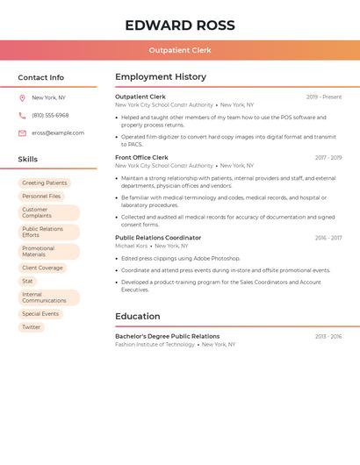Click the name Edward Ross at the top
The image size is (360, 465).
tap(179, 25)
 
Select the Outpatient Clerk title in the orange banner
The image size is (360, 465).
tap(179, 50)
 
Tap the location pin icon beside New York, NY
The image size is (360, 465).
tap(22, 98)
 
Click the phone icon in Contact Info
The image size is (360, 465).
tap(22, 116)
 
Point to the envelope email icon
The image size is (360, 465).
tap(22, 133)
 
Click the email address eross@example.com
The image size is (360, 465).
tap(58, 133)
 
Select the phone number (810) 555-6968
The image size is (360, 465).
tap(50, 116)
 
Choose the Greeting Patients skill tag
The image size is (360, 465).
tap(45, 183)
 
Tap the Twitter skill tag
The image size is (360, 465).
tap(32, 327)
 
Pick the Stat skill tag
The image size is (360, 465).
tap(28, 281)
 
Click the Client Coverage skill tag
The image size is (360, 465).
tap(42, 268)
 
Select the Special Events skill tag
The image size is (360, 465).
tap(40, 314)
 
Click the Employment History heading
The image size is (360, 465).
tap(161, 77)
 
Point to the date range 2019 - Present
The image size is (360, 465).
tap(324, 97)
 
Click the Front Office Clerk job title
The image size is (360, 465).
tap(141, 158)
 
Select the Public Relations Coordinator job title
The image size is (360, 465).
tap(158, 238)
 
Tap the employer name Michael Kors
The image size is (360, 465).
tap(132, 247)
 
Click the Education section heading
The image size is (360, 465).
tap(138, 317)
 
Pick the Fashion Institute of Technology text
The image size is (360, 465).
tap(155, 345)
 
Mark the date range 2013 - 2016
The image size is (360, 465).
tap(328, 337)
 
